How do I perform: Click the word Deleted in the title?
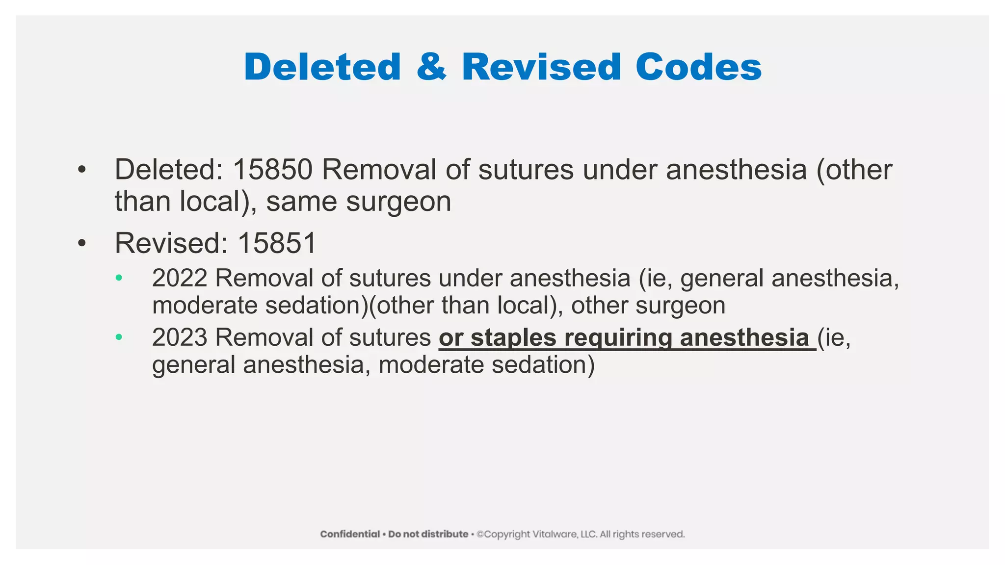click(322, 67)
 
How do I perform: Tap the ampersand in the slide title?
click(431, 67)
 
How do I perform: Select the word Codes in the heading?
click(698, 67)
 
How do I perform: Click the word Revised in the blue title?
click(541, 67)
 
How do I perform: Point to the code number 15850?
click(272, 170)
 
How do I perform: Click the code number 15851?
click(277, 243)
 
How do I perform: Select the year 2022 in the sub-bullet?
click(180, 278)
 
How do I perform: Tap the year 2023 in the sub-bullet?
click(180, 337)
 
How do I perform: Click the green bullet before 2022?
click(118, 278)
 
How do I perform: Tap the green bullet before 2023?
click(118, 337)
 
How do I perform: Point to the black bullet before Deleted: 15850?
click(81, 170)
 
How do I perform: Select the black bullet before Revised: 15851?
click(81, 243)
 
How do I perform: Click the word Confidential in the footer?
click(350, 534)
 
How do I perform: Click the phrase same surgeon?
click(359, 202)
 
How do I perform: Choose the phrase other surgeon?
click(648, 306)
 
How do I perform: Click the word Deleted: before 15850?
click(169, 170)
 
